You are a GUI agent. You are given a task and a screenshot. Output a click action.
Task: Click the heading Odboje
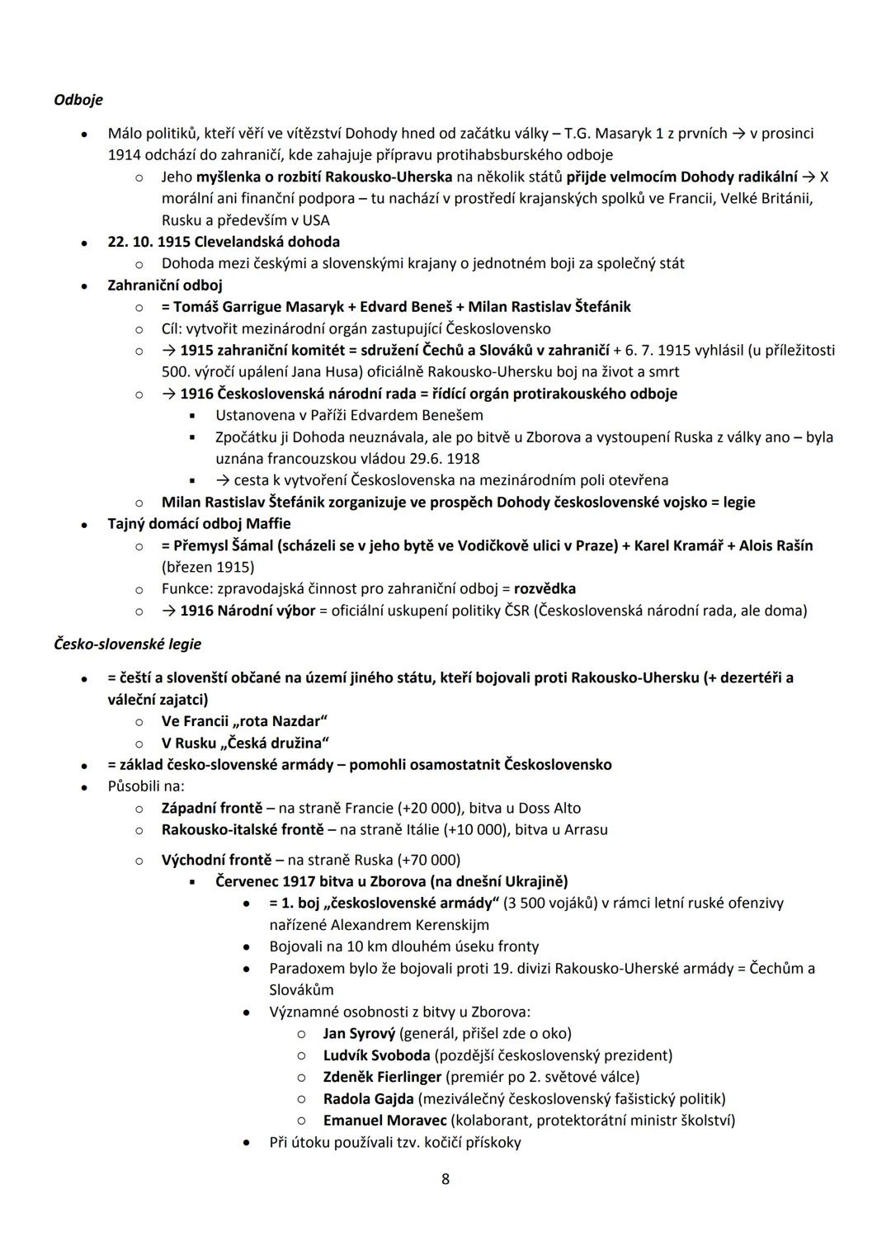pyautogui.click(x=78, y=100)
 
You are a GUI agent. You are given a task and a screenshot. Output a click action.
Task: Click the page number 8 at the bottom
pyautogui.click(x=445, y=1179)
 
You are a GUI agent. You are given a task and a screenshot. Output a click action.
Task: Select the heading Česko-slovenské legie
pyautogui.click(x=127, y=644)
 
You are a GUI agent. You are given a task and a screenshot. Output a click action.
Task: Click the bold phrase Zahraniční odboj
pyautogui.click(x=165, y=286)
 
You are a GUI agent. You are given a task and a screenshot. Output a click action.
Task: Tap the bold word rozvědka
pyautogui.click(x=544, y=589)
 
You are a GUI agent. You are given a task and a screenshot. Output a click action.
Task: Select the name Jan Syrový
pyautogui.click(x=359, y=1033)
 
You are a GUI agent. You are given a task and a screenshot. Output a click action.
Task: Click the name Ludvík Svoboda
pyautogui.click(x=376, y=1055)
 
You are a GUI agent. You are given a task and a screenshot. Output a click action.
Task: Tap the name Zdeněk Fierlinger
pyautogui.click(x=382, y=1077)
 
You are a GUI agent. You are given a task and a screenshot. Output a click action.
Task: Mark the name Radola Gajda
pyautogui.click(x=368, y=1099)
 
